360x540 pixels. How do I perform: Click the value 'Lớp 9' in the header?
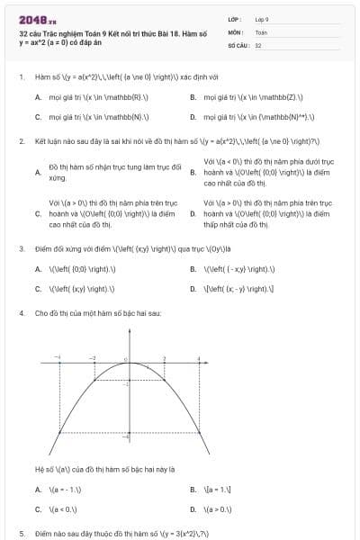tap(262, 18)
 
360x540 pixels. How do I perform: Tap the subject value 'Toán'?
tap(261, 31)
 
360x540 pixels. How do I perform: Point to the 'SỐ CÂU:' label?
tap(238, 43)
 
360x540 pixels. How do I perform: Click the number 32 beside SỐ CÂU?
tap(258, 43)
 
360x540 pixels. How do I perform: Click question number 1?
tap(21, 77)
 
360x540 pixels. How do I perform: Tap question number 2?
tap(21, 142)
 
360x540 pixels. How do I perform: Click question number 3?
tap(21, 247)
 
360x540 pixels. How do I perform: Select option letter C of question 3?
tap(37, 288)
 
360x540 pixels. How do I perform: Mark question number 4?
tap(21, 312)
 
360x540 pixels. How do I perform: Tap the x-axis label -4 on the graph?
tap(58, 356)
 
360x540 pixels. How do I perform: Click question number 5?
tap(21, 533)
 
